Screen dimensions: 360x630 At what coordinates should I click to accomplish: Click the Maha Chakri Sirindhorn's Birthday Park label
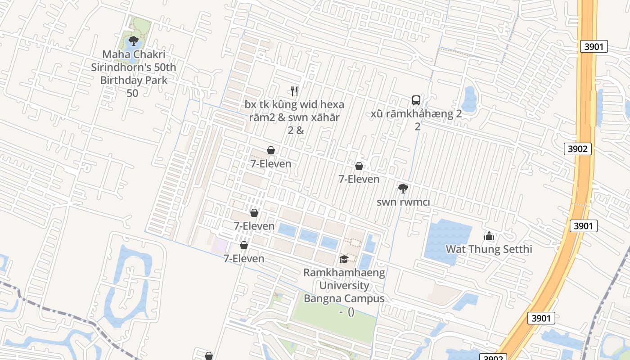[134, 67]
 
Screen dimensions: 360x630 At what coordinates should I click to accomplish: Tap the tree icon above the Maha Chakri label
[133, 41]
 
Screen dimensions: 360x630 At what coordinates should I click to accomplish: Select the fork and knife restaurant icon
[294, 91]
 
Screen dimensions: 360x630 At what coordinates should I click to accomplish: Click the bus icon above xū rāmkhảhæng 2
[416, 100]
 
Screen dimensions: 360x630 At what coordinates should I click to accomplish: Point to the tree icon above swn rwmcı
[403, 189]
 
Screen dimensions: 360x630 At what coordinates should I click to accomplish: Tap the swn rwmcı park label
[403, 202]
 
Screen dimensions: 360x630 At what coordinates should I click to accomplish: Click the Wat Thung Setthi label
[489, 249]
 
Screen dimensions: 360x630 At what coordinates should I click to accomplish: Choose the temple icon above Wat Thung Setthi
[489, 236]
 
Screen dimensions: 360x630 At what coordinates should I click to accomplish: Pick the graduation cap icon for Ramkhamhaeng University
[344, 259]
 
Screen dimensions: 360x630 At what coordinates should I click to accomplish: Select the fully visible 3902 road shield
[577, 149]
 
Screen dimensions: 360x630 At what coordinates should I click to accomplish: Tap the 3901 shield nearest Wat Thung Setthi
[583, 225]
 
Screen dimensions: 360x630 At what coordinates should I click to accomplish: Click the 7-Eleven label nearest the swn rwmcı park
[359, 179]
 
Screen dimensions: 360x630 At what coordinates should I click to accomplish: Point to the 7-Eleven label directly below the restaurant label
[271, 164]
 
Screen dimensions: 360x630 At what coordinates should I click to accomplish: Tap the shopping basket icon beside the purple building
[244, 245]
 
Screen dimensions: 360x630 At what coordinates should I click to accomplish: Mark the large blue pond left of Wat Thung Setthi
[447, 242]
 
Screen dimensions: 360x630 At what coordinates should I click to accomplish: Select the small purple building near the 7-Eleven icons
[221, 245]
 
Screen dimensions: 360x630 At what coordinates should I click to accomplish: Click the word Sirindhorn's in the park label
[134, 67]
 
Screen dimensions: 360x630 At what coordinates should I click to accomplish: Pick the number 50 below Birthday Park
[132, 94]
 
